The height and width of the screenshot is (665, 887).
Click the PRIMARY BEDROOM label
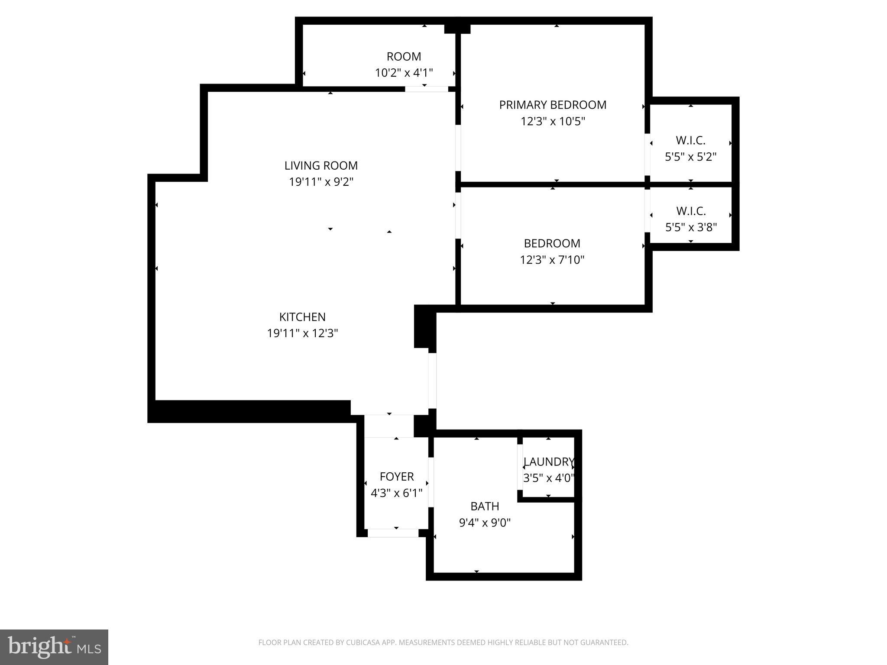pyautogui.click(x=553, y=105)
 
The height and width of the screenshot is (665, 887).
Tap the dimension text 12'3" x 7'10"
pyautogui.click(x=552, y=260)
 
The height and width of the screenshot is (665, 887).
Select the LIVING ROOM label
pyautogui.click(x=321, y=165)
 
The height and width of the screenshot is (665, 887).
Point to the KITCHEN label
pyautogui.click(x=302, y=317)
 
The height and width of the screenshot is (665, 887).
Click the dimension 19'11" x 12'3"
pyautogui.click(x=302, y=333)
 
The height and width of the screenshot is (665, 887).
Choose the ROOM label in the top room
pyautogui.click(x=404, y=56)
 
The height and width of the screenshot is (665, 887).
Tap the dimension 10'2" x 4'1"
pyautogui.click(x=404, y=73)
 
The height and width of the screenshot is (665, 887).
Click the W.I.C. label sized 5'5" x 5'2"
pyautogui.click(x=690, y=140)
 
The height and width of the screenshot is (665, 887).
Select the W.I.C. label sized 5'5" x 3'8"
pyautogui.click(x=691, y=211)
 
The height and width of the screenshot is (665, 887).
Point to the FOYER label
pyautogui.click(x=397, y=477)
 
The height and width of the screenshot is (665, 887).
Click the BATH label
pyautogui.click(x=485, y=506)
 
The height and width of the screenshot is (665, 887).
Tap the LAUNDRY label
pyautogui.click(x=548, y=462)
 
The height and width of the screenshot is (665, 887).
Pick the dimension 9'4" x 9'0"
pyautogui.click(x=485, y=523)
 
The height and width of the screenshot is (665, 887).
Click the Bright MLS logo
pyautogui.click(x=54, y=647)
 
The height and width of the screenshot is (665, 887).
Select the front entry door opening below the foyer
pyautogui.click(x=393, y=533)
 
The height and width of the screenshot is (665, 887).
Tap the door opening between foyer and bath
pyautogui.click(x=431, y=482)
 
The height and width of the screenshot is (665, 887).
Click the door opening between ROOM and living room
pyautogui.click(x=426, y=89)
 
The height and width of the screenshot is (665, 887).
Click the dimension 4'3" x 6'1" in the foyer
pyautogui.click(x=396, y=493)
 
